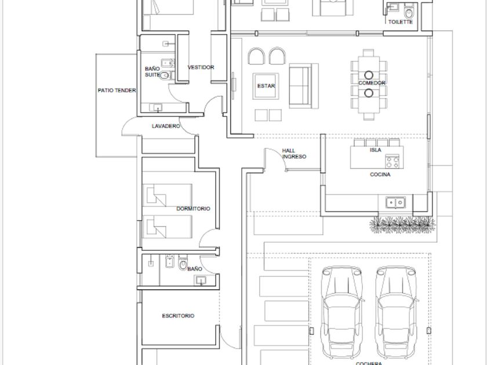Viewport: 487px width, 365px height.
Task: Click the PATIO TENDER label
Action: pos(117,90)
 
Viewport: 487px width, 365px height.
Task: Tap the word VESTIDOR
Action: pos(201,67)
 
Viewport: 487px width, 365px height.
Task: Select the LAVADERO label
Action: pos(166,126)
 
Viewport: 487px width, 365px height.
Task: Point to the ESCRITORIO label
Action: pos(179,316)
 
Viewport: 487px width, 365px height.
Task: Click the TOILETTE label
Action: pos(401,22)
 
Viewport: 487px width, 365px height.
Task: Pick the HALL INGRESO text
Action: pos(294,154)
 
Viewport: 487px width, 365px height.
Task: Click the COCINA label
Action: pos(380,174)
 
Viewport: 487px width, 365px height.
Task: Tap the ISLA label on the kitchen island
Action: pos(376,150)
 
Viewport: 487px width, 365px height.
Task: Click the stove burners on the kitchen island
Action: pos(392,162)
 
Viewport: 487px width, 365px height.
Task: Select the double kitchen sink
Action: pos(395,203)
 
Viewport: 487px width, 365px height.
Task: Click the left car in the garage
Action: pos(342,312)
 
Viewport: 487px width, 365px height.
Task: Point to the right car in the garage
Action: pos(396,312)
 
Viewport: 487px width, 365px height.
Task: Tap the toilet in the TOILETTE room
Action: pos(409,12)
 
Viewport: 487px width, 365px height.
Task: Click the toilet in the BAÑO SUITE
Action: pos(165,75)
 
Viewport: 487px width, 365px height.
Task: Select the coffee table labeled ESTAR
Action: pos(266,86)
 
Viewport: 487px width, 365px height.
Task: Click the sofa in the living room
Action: pos(303,86)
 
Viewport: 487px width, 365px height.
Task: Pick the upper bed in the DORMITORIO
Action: pos(167,195)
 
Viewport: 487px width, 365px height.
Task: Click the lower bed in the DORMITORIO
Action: pos(167,227)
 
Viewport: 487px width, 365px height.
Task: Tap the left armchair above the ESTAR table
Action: pos(256,56)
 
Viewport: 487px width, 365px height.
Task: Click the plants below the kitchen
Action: pos(402,224)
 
